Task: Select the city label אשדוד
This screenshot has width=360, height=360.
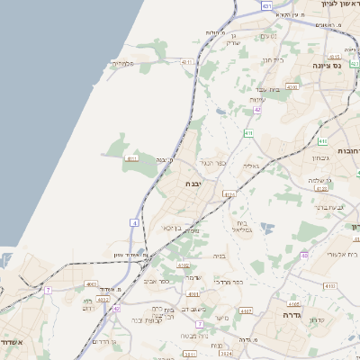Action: tap(13, 342)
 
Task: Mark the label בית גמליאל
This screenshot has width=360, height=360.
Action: tap(242, 226)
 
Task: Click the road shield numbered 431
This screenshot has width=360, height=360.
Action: tap(266, 6)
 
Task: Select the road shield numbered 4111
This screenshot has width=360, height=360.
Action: tap(131, 158)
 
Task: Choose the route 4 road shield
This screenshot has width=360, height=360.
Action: tap(134, 221)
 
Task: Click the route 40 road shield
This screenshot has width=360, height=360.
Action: tap(304, 255)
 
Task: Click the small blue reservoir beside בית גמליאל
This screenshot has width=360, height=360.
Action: tap(265, 229)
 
